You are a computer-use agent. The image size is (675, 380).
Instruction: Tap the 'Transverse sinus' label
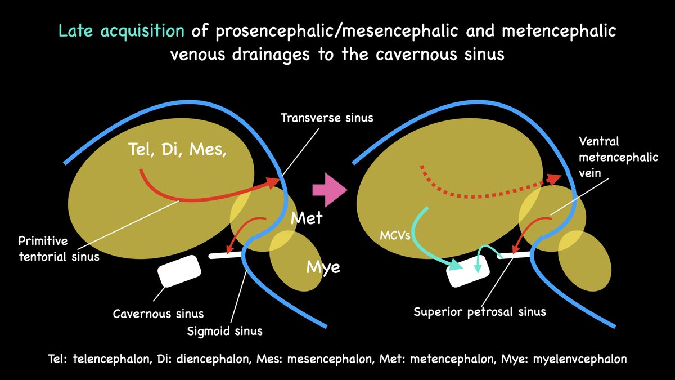(327, 118)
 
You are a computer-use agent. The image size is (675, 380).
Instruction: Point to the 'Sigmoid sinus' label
(224, 330)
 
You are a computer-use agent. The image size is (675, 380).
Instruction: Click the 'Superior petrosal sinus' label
(480, 311)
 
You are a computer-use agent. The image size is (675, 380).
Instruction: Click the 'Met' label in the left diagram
(307, 217)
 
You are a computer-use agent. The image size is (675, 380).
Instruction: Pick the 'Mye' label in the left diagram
(322, 267)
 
